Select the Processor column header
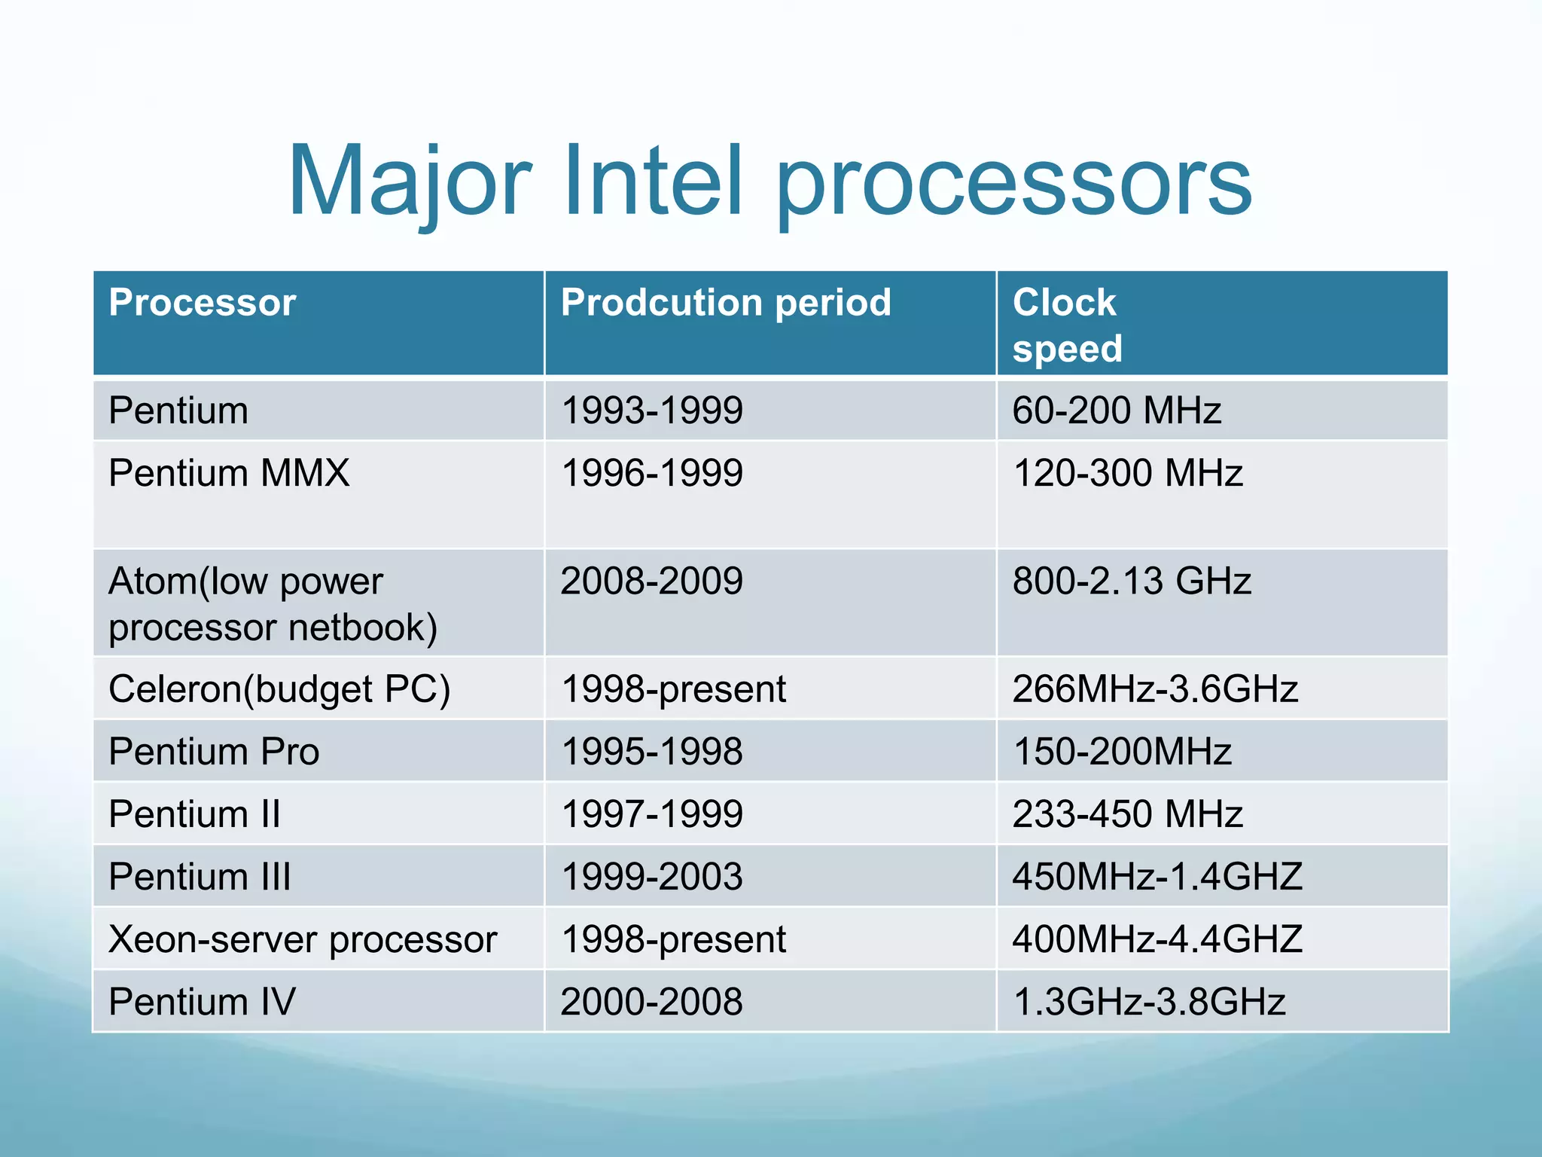202,303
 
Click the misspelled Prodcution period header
726,303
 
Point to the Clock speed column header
1066,325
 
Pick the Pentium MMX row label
229,473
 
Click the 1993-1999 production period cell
652,411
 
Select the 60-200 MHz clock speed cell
1116,411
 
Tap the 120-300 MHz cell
1127,473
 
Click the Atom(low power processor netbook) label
273,604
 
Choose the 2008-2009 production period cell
652,582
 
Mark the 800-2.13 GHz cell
1131,582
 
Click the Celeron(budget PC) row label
279,689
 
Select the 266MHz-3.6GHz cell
1155,689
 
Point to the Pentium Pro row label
214,752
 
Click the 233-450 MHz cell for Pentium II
1127,814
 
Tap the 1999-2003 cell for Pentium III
652,877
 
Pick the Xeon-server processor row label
303,939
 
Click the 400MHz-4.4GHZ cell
1156,939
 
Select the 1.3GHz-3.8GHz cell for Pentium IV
1149,1002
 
